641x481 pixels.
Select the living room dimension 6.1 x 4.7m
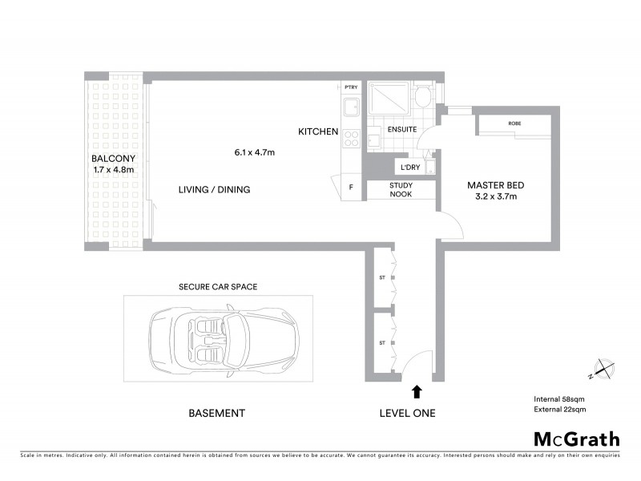point(255,152)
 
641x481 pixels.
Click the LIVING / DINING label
point(214,190)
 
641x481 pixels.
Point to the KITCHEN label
point(318,132)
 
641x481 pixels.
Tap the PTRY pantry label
point(350,87)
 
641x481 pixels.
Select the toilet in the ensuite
point(422,99)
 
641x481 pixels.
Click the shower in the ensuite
point(388,100)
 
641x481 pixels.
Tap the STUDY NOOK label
point(401,190)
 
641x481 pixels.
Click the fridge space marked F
point(351,188)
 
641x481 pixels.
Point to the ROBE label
point(514,123)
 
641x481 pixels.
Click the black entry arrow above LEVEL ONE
point(416,391)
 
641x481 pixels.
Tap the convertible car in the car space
point(224,337)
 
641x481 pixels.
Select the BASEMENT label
point(216,414)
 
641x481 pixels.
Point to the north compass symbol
point(601,370)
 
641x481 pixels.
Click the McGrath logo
point(577,439)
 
